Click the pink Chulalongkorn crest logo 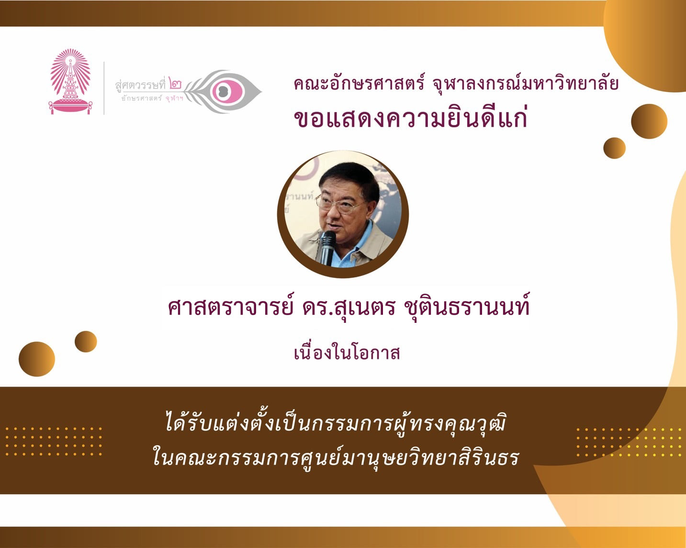pyautogui.click(x=70, y=81)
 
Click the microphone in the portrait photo pyautogui.click(x=327, y=248)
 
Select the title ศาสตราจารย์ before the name pyautogui.click(x=230, y=307)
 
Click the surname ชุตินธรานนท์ pyautogui.click(x=467, y=307)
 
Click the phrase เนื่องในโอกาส pyautogui.click(x=347, y=354)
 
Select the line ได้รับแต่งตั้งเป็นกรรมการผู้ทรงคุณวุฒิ pyautogui.click(x=336, y=423)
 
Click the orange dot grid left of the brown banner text pyautogui.click(x=54, y=442)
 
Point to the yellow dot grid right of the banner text pyautogui.click(x=629, y=442)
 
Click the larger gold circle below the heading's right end pyautogui.click(x=649, y=121)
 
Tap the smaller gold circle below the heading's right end pyautogui.click(x=614, y=148)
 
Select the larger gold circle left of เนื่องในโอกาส pyautogui.click(x=37, y=359)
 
